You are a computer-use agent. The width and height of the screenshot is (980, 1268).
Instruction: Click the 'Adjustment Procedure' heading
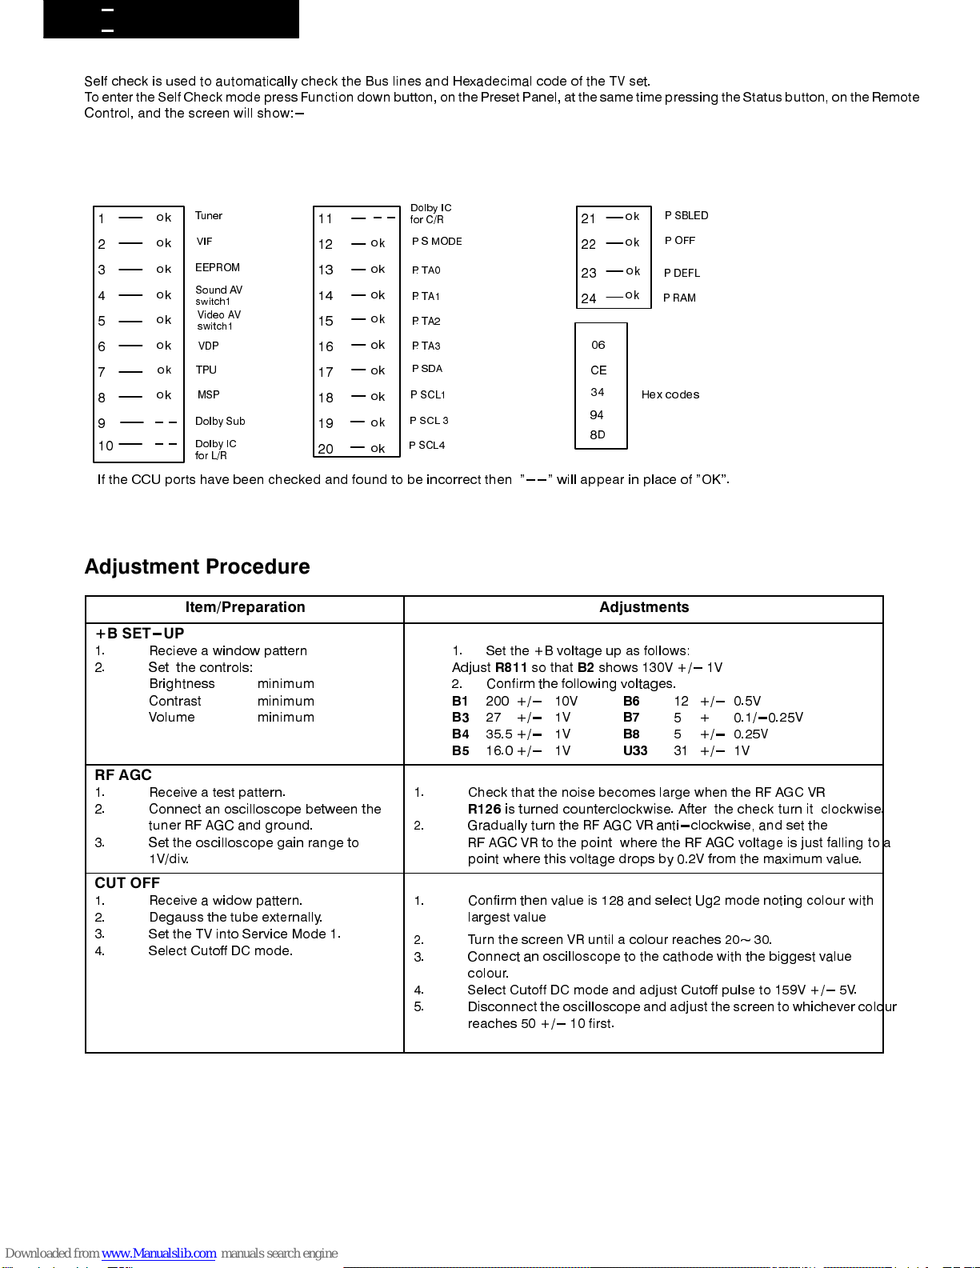197,566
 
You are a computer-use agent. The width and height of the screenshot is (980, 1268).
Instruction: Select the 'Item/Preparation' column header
245,607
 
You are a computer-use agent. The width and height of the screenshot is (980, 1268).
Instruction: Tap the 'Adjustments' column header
644,607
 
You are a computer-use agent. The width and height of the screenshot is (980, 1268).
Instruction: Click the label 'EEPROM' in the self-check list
218,267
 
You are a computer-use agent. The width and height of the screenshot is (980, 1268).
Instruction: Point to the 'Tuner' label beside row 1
209,215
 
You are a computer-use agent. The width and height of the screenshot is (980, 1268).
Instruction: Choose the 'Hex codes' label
670,394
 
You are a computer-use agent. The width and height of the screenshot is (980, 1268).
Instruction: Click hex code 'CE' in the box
598,370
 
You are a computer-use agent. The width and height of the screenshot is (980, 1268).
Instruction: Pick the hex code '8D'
598,434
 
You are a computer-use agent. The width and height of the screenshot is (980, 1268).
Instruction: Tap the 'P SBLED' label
686,215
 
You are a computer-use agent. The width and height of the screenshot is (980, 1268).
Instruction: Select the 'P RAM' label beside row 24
679,298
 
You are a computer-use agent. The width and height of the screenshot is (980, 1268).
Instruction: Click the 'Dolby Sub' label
220,421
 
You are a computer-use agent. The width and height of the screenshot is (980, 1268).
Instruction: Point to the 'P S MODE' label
437,241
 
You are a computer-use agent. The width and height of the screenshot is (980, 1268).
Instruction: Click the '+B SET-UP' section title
139,634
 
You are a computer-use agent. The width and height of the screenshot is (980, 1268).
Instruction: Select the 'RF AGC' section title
123,774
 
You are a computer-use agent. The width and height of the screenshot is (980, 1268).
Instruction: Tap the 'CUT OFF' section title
127,882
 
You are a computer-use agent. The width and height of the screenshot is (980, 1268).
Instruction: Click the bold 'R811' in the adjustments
510,667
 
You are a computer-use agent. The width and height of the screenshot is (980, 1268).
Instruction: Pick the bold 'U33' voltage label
635,750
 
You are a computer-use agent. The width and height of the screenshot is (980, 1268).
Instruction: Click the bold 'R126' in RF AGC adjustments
484,809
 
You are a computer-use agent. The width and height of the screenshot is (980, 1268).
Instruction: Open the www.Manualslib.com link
158,1253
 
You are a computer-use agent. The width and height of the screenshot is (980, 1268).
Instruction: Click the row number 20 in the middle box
326,449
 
